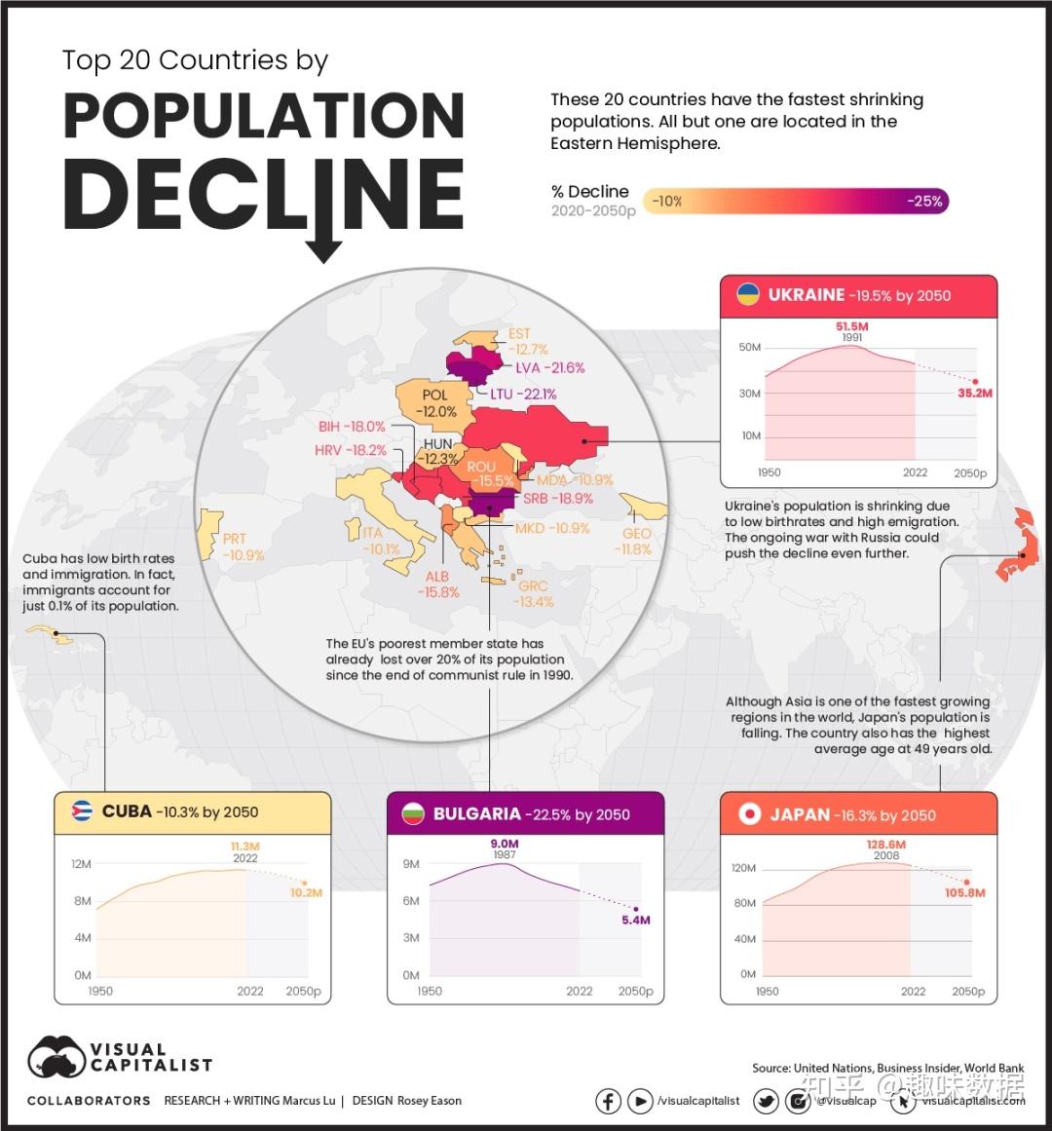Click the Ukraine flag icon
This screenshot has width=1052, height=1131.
[x=747, y=294]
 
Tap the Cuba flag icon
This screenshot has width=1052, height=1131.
[x=82, y=811]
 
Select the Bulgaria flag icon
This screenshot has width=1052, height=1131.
[x=413, y=813]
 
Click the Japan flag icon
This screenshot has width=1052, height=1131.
[x=749, y=813]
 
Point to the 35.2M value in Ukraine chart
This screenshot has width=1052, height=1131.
[x=974, y=394]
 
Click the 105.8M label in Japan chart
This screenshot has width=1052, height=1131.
[x=964, y=892]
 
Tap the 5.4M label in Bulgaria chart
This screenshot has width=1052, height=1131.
[x=636, y=920]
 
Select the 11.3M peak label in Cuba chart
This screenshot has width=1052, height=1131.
[x=244, y=847]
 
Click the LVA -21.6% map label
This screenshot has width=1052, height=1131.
[x=550, y=368]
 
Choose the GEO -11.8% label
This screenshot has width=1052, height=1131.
[x=636, y=542]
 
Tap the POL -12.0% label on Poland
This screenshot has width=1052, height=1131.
[x=435, y=403]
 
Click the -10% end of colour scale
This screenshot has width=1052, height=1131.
[x=667, y=202]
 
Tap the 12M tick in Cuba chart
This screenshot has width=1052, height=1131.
[x=81, y=864]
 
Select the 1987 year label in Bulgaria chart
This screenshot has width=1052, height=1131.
[x=504, y=855]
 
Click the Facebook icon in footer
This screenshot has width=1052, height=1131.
[x=608, y=1101]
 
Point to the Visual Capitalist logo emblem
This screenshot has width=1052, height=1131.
[x=56, y=1058]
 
